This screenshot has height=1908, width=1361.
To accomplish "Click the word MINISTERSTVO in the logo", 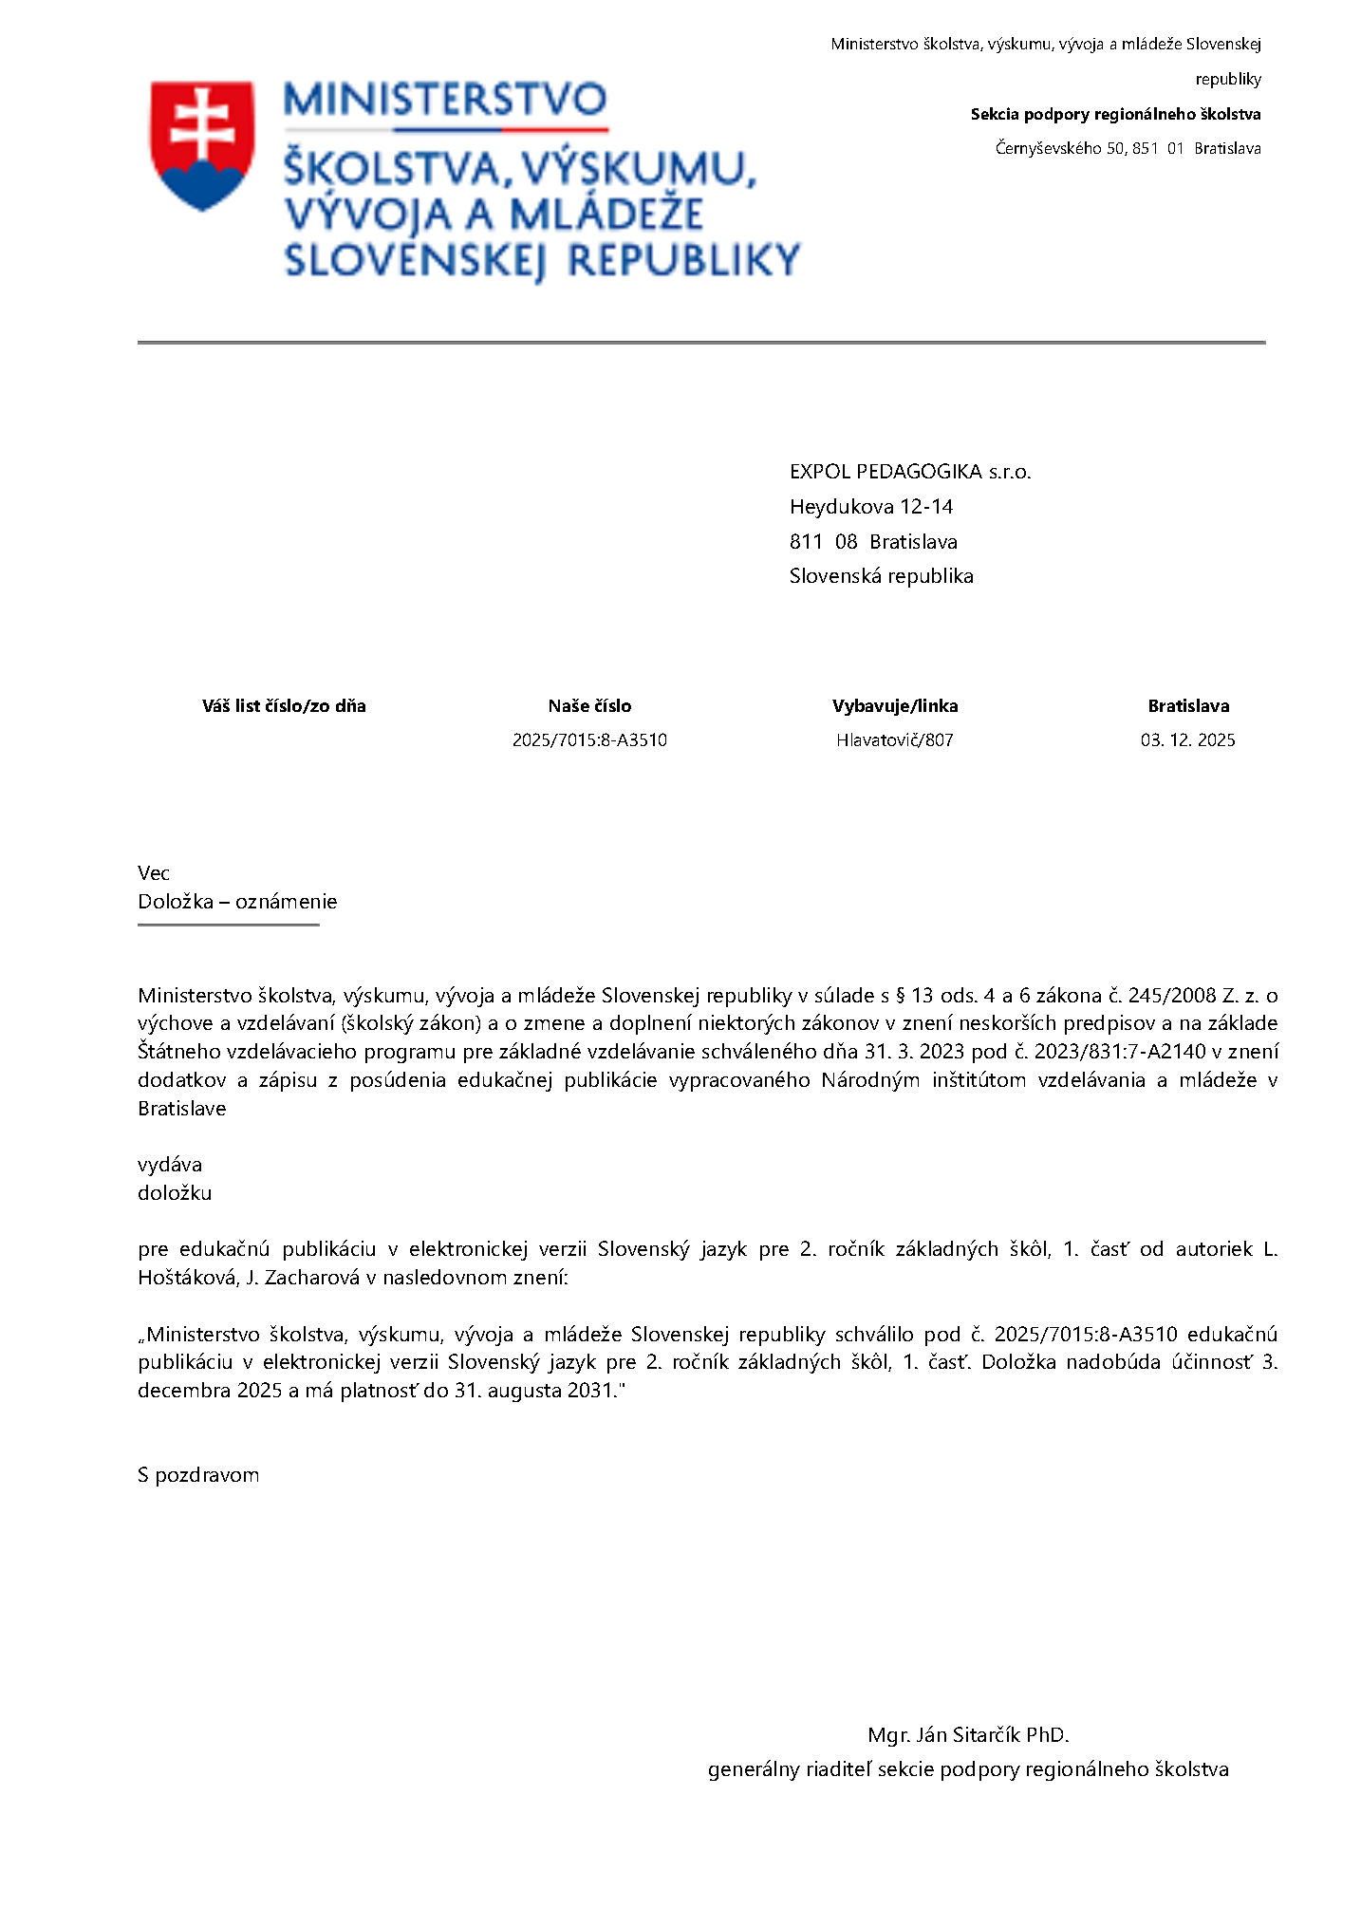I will click(444, 101).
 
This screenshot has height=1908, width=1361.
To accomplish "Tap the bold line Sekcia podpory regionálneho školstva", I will click(1115, 114).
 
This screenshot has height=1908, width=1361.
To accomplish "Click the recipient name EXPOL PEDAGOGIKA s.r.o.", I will click(909, 472).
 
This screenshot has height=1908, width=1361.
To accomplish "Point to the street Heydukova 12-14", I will click(870, 507).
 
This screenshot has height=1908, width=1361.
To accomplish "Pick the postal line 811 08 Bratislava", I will click(873, 542).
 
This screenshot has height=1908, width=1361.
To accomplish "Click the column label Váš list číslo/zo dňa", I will click(284, 705).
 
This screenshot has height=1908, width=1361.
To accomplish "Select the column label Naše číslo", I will click(589, 705).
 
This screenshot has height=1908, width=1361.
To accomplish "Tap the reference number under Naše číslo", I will click(589, 740).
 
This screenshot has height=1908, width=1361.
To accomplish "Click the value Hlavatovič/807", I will click(894, 740).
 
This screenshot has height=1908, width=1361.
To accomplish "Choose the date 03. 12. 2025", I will click(1187, 740).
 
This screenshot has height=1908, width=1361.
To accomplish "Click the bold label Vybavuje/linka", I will click(894, 705).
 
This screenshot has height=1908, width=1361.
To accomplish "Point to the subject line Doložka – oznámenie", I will click(237, 902).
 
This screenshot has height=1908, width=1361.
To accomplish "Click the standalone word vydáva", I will click(170, 1165).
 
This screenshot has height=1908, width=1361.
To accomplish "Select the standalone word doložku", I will click(175, 1193).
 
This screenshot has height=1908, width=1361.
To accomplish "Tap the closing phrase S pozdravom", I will click(198, 1475).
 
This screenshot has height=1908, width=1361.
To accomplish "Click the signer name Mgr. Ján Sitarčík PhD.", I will click(968, 1735).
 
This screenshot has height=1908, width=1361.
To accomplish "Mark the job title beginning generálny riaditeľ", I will click(968, 1769).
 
